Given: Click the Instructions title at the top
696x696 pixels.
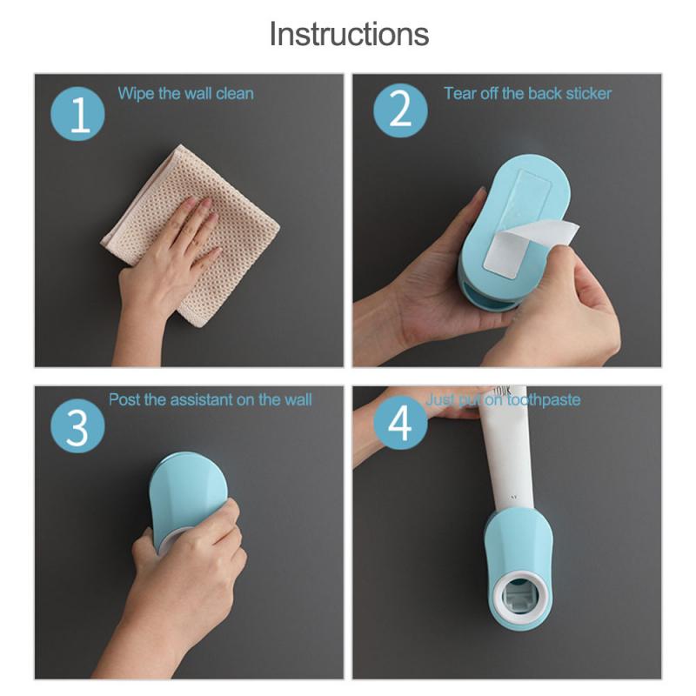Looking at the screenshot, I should [348, 34].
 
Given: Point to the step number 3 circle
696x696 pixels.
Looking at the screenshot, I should [77, 428].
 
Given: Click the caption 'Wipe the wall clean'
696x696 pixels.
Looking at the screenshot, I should [185, 93].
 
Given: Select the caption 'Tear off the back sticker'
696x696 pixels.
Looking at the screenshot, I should [527, 93].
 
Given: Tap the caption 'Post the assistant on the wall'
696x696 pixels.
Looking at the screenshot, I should [210, 400].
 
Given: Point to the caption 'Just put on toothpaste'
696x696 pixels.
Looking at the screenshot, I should [503, 400].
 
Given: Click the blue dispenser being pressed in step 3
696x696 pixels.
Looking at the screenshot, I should [178, 496].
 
